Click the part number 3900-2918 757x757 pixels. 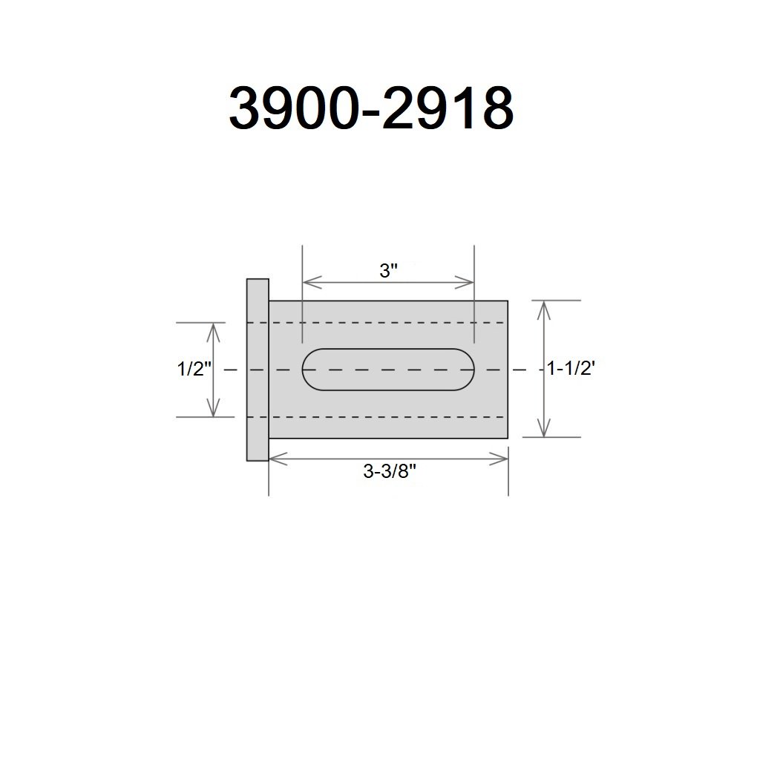pos(371,108)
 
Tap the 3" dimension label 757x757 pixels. pos(388,271)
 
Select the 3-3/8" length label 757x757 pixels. pos(389,471)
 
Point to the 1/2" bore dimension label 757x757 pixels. pos(194,369)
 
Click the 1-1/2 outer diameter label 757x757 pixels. pos(571,369)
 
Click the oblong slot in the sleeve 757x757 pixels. pos(388,370)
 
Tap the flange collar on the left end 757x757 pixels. pos(258,370)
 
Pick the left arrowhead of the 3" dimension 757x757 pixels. pos(312,283)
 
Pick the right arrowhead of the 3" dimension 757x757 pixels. pos(465,283)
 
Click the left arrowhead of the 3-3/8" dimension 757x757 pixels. pos(278,459)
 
